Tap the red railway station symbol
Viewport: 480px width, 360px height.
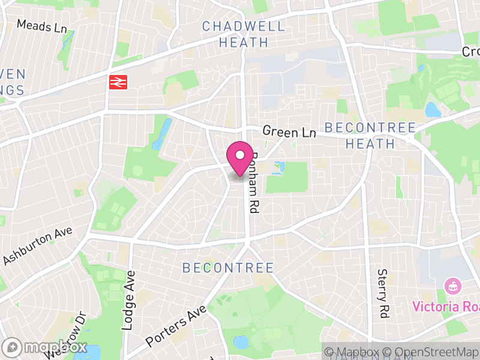[x=118, y=82]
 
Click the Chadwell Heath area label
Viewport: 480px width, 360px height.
[x=235, y=34]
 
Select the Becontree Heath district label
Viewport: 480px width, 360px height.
[x=370, y=136]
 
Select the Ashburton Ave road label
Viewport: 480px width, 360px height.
[x=37, y=246]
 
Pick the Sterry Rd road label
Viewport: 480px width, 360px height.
[x=382, y=293]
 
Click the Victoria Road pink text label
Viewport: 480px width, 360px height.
[x=445, y=307]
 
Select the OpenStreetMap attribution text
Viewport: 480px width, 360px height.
[x=431, y=352]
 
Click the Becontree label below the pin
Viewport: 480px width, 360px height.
[x=227, y=268]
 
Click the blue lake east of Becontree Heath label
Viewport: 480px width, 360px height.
[x=433, y=110]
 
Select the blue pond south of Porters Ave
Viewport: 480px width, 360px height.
[x=241, y=343]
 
